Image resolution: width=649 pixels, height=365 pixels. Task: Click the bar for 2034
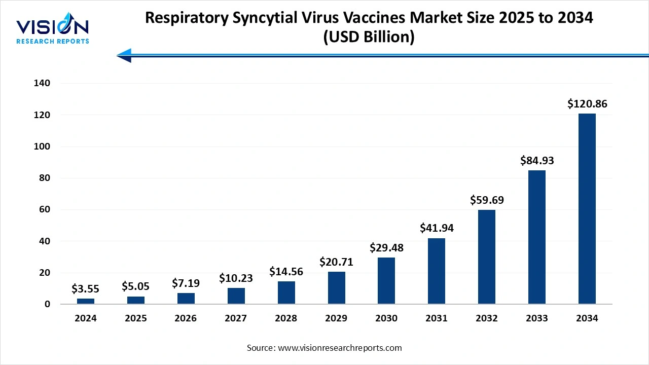tap(587, 209)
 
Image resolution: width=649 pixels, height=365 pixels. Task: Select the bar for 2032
tap(486, 257)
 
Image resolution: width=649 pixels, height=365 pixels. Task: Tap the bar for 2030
tap(386, 281)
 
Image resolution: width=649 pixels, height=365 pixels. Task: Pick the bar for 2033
tap(536, 237)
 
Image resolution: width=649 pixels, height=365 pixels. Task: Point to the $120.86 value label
tap(587, 104)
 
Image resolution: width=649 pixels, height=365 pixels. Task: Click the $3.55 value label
tap(85, 289)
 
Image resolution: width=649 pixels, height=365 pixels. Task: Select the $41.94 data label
tap(436, 228)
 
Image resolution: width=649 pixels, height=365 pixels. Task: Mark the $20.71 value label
tap(336, 262)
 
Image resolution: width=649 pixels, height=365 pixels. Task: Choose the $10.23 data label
tap(236, 278)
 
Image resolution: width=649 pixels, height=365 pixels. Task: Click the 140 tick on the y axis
tap(42, 84)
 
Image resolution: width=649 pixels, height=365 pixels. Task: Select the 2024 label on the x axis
tap(85, 318)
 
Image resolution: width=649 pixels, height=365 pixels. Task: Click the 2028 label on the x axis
tap(286, 318)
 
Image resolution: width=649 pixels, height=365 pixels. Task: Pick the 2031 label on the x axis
tap(436, 318)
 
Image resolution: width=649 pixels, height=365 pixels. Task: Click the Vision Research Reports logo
tap(52, 30)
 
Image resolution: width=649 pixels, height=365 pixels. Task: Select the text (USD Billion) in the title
tap(369, 37)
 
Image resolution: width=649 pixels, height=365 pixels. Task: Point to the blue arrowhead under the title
tap(125, 56)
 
